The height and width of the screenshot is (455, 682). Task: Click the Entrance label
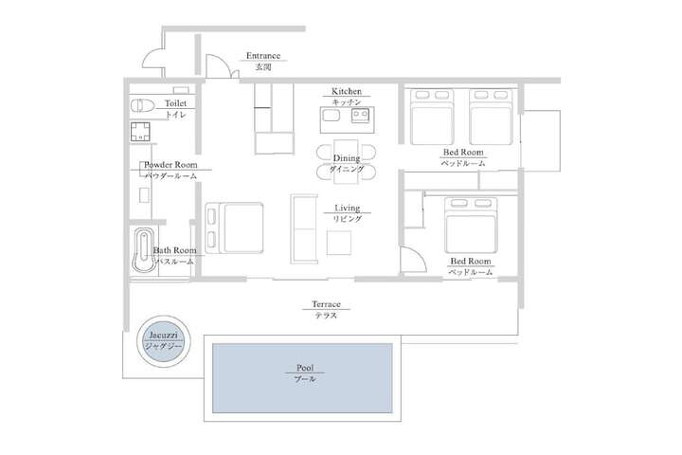click(x=263, y=56)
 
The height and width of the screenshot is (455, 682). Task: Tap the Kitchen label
click(x=347, y=91)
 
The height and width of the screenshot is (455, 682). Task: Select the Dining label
click(x=347, y=158)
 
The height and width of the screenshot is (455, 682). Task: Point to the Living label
click(x=347, y=209)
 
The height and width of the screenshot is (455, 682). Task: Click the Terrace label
click(x=326, y=304)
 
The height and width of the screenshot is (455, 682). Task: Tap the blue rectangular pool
click(x=302, y=378)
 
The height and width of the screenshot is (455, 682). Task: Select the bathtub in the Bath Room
click(x=144, y=250)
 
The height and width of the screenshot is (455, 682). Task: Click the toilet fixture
click(x=142, y=106)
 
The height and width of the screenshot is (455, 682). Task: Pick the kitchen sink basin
click(x=332, y=116)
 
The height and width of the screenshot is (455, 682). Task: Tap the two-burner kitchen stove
click(x=361, y=115)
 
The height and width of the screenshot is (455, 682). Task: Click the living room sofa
click(x=304, y=229)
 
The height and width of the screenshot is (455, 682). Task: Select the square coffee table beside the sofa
click(x=339, y=243)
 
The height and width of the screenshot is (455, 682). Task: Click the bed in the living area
click(x=234, y=227)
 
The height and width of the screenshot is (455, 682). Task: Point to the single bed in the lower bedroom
click(x=471, y=225)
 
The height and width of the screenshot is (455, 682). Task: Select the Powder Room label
click(x=170, y=165)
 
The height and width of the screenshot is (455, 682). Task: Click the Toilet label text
click(x=175, y=103)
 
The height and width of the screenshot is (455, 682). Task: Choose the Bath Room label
click(x=175, y=250)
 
